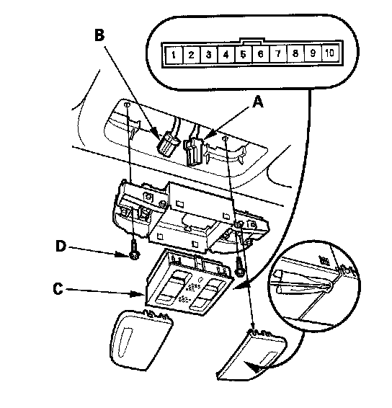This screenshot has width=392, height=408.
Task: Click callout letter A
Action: [258, 102]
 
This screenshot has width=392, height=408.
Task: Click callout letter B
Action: [99, 35]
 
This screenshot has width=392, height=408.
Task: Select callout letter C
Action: [58, 288]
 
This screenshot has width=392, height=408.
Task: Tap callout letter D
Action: [61, 246]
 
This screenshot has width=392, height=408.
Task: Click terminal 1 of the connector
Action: [174, 55]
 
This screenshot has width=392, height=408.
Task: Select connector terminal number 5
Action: [243, 54]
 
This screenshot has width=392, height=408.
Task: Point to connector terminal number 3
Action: [208, 55]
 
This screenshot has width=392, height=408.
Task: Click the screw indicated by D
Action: [135, 251]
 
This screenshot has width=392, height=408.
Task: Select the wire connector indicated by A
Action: [193, 152]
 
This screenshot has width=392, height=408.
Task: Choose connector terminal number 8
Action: [295, 53]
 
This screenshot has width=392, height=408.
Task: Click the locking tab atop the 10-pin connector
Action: [251, 40]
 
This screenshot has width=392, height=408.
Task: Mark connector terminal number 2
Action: [191, 55]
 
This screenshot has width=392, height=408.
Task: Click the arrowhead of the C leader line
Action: [138, 294]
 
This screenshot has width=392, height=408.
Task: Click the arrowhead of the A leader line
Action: [210, 134]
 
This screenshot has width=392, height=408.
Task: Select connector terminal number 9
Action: [313, 53]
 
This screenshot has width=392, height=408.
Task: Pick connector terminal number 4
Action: [226, 54]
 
